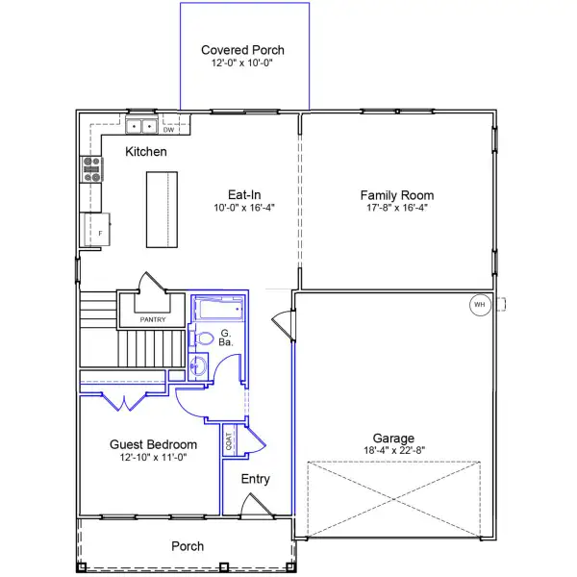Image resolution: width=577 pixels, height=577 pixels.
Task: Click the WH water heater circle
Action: pos(480,305)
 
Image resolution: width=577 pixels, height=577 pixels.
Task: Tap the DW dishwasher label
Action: pos(168,130)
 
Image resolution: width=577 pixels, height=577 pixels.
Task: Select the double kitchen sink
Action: pos(141,126)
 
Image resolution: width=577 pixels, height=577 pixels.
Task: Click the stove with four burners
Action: pos(91,169)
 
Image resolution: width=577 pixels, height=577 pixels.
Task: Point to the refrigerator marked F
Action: pos(97,229)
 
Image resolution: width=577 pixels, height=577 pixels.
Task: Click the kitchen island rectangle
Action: pos(162,210)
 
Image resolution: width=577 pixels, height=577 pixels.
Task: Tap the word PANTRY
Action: pos(153,320)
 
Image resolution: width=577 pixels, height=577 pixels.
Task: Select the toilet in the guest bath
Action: pos(201,339)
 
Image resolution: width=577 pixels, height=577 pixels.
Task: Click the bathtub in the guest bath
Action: pos(218,309)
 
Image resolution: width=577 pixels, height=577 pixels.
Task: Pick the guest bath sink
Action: pos(198,366)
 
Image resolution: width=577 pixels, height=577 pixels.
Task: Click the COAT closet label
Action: pos(229,441)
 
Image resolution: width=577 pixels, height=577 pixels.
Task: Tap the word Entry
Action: pos(256,479)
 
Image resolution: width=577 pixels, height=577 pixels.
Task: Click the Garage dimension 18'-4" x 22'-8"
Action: pos(394,450)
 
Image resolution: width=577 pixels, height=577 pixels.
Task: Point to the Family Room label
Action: pos(397,195)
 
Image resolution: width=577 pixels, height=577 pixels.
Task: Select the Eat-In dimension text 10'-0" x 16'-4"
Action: pos(244,208)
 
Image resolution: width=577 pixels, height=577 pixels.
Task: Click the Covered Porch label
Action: pos(242,50)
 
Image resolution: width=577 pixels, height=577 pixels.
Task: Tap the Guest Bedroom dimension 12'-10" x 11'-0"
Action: pos(153,458)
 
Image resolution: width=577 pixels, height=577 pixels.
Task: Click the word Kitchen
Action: pos(146,152)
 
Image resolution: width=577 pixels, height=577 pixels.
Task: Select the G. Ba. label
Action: pos(226,338)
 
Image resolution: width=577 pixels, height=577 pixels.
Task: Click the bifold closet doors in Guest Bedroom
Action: pos(124,402)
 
